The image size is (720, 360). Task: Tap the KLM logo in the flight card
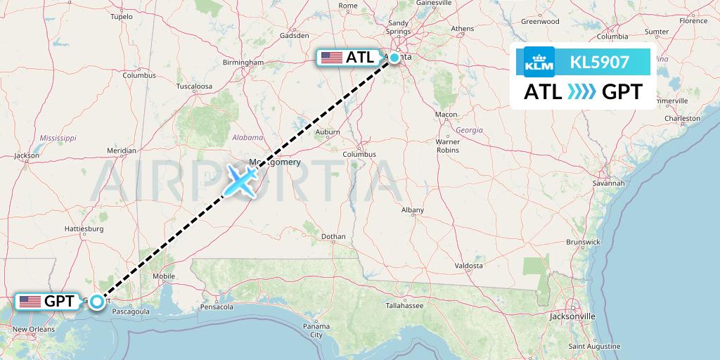pos(539,63)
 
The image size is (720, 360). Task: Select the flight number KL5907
pos(600,63)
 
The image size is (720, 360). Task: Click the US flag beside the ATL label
pos(331,58)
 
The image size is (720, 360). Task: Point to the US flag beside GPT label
pos(30,302)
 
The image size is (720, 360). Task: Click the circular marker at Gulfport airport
pos(97,302)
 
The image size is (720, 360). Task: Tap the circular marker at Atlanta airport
pos(395,58)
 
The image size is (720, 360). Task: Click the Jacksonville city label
pos(572,316)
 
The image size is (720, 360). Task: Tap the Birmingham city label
pos(242,62)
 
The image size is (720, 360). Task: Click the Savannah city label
pos(608,183)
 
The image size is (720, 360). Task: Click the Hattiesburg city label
pos(84,229)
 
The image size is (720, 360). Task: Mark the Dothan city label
pos(333,237)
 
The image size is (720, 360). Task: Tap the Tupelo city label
pos(122,16)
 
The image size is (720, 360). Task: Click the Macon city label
pos(446,115)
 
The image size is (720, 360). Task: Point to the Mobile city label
pos(164,276)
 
